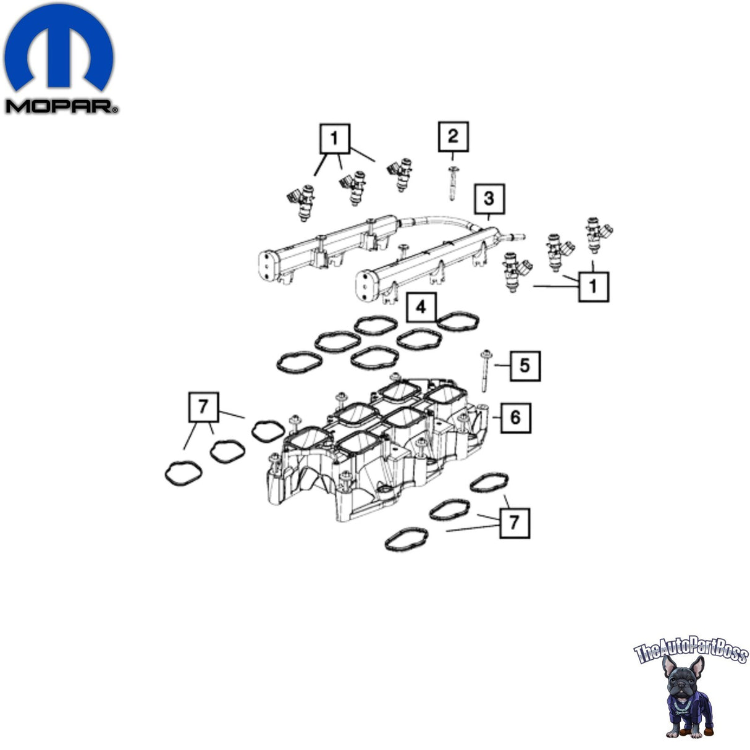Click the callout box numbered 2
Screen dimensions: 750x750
point(453,136)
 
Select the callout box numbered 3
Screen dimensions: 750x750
point(489,199)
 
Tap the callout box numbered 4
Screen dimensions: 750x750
point(421,308)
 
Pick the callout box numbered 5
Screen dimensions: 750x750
point(525,366)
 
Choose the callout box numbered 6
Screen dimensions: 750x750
point(516,418)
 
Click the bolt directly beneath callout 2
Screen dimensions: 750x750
point(453,183)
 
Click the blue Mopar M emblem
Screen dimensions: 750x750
point(59,47)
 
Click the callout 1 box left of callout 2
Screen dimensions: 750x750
point(335,138)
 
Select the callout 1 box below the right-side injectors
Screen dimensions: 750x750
point(594,287)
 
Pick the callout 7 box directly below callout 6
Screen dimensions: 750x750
point(515,523)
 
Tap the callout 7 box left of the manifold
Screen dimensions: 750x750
point(203,407)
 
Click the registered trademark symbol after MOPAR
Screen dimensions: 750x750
point(115,111)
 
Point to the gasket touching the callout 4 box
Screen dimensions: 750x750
point(458,322)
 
